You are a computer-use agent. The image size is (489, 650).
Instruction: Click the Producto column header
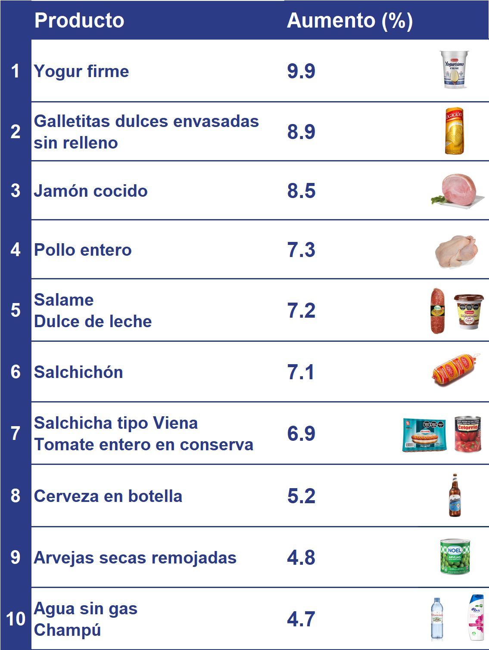tap(79, 20)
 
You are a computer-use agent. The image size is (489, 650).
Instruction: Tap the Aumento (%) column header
tap(349, 20)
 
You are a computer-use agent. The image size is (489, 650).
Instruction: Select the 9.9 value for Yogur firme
tap(301, 71)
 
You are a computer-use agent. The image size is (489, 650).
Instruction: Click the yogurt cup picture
tap(454, 69)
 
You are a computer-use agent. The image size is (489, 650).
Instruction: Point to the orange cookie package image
tap(454, 131)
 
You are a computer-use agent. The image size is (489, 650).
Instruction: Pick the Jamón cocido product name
tap(91, 191)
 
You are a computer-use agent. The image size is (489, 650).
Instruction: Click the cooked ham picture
tap(458, 191)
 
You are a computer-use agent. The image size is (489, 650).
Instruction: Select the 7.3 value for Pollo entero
tap(301, 250)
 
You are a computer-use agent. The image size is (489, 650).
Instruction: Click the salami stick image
tap(438, 310)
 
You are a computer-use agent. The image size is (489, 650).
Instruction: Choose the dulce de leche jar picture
tap(469, 311)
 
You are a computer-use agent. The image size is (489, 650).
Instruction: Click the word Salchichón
tap(78, 372)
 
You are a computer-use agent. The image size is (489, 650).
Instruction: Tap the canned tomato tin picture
tap(467, 434)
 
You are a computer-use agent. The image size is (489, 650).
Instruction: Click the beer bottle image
tap(455, 495)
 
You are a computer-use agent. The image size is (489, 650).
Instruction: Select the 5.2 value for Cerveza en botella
tap(301, 496)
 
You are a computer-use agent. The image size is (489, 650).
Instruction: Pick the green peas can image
tap(455, 557)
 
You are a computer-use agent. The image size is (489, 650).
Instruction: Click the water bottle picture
tap(437, 619)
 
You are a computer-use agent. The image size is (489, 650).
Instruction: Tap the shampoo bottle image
tap(476, 618)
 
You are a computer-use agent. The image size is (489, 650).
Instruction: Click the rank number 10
tap(16, 619)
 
